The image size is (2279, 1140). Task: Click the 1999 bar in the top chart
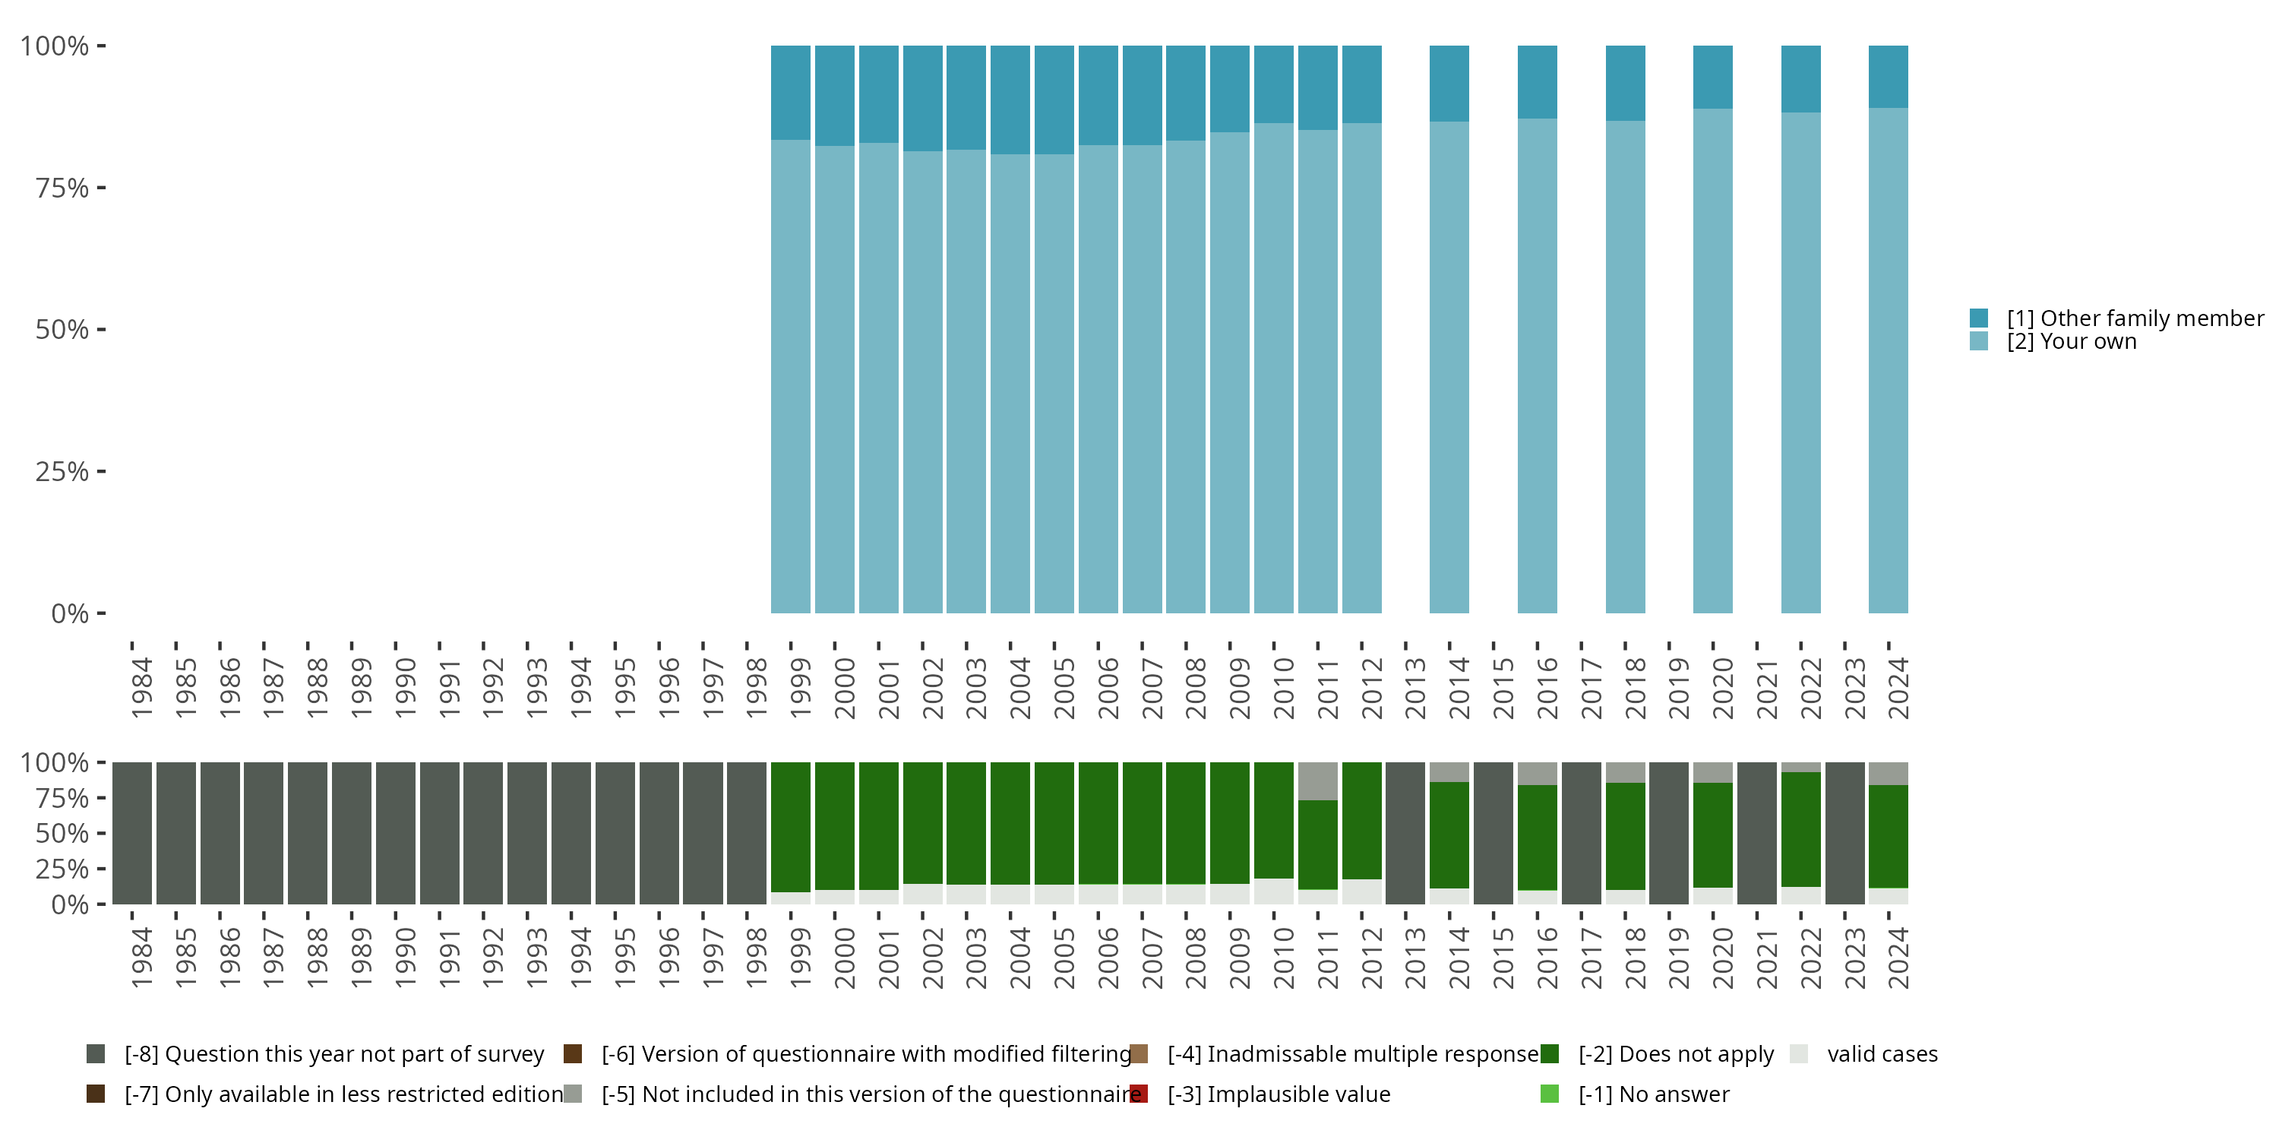pos(790,354)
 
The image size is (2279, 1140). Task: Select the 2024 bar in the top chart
pos(1888,354)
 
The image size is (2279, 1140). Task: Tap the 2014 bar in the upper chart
pos(1449,354)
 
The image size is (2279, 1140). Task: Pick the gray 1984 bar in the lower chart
pos(132,833)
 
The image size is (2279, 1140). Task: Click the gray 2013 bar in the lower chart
pos(1405,833)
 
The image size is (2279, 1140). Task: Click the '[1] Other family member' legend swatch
pos(1979,318)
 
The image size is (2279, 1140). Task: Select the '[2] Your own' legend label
pos(2071,342)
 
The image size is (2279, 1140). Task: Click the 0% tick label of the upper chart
pos(70,613)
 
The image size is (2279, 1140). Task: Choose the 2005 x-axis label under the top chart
pos(1064,689)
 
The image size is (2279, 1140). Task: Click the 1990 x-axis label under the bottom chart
pos(405,958)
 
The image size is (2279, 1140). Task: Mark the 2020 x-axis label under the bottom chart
pos(1722,958)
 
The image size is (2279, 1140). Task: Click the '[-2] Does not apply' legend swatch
pos(1549,1053)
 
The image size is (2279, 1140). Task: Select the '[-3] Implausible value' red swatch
pos(1139,1094)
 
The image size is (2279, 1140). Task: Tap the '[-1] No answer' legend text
pos(1654,1094)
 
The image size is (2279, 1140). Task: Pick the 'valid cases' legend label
pos(1882,1053)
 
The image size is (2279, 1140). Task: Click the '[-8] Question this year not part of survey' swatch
pos(96,1053)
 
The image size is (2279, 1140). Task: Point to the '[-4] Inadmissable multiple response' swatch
pos(1139,1053)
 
